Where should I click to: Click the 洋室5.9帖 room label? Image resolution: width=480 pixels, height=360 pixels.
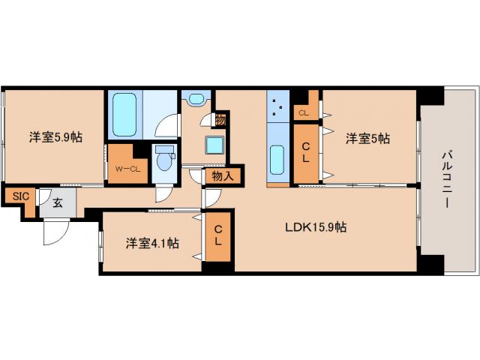click(x=56, y=138)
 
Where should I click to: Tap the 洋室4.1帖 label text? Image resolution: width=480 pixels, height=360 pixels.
click(x=151, y=243)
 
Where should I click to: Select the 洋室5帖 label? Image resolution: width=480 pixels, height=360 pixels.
click(x=367, y=138)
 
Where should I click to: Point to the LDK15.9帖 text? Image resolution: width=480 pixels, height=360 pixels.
click(x=314, y=226)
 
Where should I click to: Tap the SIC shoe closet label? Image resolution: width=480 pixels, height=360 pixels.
click(x=19, y=196)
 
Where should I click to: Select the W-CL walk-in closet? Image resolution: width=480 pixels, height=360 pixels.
click(x=127, y=167)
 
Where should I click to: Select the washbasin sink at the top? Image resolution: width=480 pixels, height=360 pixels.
click(x=196, y=99)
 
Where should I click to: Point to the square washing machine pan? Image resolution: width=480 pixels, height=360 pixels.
click(x=215, y=144)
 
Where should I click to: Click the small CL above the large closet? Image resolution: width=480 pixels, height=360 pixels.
click(x=303, y=113)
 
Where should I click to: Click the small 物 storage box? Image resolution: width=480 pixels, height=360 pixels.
click(x=220, y=119)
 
